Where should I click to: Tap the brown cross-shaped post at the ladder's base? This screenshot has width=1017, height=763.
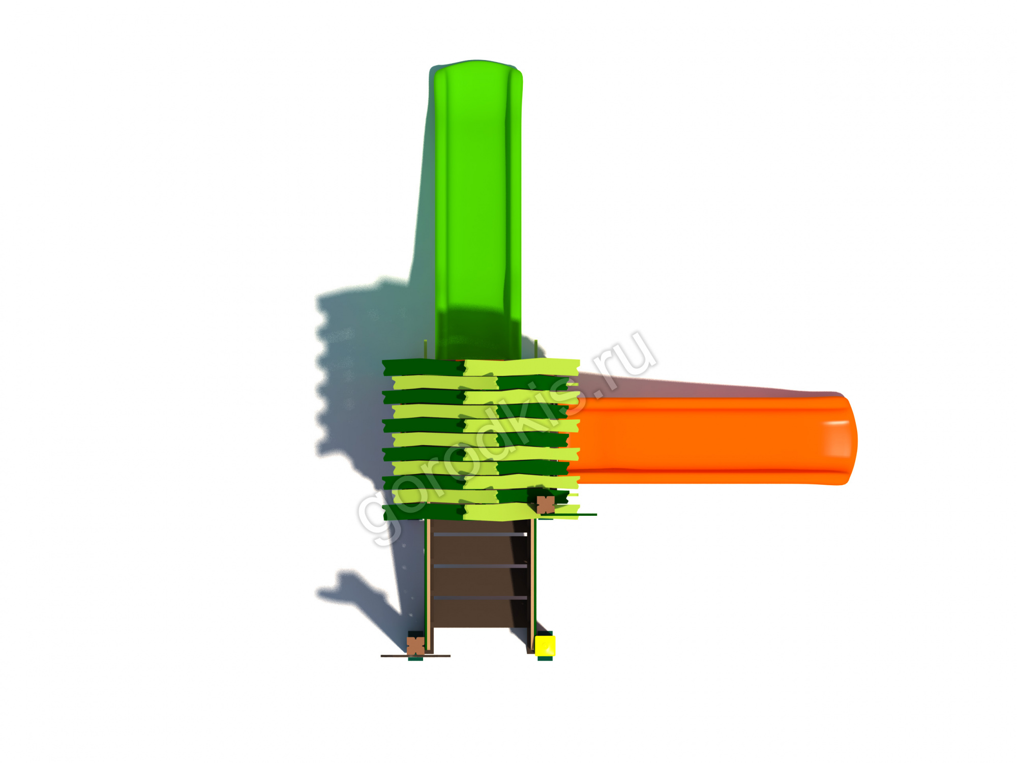point(415,646)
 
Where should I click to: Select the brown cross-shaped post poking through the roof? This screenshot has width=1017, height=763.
point(546,505)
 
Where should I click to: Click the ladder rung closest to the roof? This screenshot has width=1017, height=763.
point(480,534)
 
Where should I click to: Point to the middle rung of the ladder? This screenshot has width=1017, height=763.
point(480,566)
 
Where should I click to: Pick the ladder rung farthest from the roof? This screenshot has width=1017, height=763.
point(480,598)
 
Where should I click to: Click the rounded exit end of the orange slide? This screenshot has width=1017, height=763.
point(844,441)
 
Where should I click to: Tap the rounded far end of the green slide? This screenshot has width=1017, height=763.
point(477,69)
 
